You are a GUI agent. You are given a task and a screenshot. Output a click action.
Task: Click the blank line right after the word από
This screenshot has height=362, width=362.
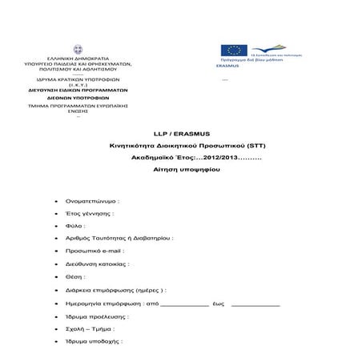click(184, 305)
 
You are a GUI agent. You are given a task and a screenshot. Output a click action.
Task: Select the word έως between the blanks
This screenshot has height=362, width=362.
click(218, 304)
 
